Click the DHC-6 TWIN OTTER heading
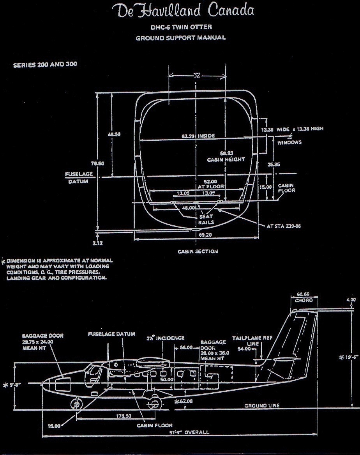(x=180, y=27)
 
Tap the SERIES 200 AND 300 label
(x=45, y=65)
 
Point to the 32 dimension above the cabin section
(x=197, y=76)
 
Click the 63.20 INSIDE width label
(x=198, y=136)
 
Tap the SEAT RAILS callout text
(x=206, y=219)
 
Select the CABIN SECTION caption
(x=198, y=251)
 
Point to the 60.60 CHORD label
(x=304, y=297)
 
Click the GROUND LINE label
(x=262, y=405)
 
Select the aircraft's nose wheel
(x=76, y=404)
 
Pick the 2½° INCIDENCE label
(x=165, y=338)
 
